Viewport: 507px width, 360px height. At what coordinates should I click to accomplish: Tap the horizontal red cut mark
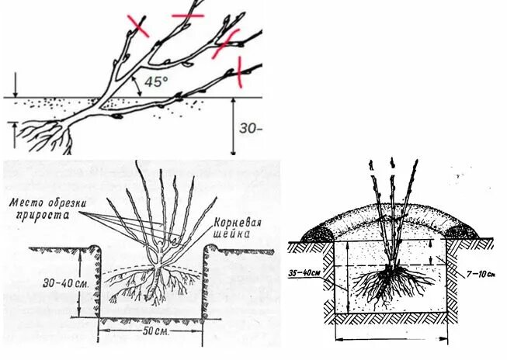click(x=187, y=15)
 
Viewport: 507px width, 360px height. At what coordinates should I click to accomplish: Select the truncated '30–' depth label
click(x=249, y=129)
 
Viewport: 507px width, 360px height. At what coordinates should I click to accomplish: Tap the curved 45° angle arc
click(x=138, y=84)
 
